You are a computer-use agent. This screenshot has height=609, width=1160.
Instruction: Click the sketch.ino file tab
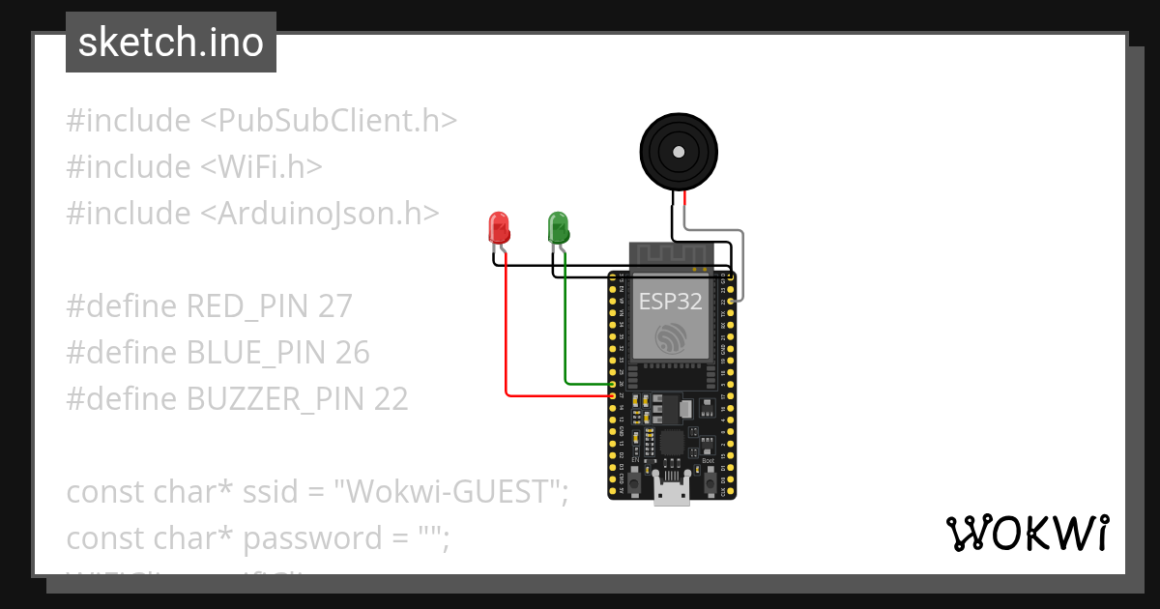[171, 43]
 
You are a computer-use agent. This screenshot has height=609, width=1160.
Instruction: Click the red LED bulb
[500, 228]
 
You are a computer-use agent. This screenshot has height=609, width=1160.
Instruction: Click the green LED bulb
[559, 228]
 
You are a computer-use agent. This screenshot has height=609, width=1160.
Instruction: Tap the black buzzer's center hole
[680, 152]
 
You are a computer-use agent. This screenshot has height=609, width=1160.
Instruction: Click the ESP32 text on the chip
[670, 301]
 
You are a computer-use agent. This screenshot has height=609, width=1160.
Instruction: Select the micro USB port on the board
[672, 493]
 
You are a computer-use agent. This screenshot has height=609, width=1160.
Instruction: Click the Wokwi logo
[1027, 533]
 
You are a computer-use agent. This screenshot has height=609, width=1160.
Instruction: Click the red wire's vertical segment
[507, 329]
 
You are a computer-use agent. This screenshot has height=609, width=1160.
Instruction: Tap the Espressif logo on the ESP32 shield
[670, 339]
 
